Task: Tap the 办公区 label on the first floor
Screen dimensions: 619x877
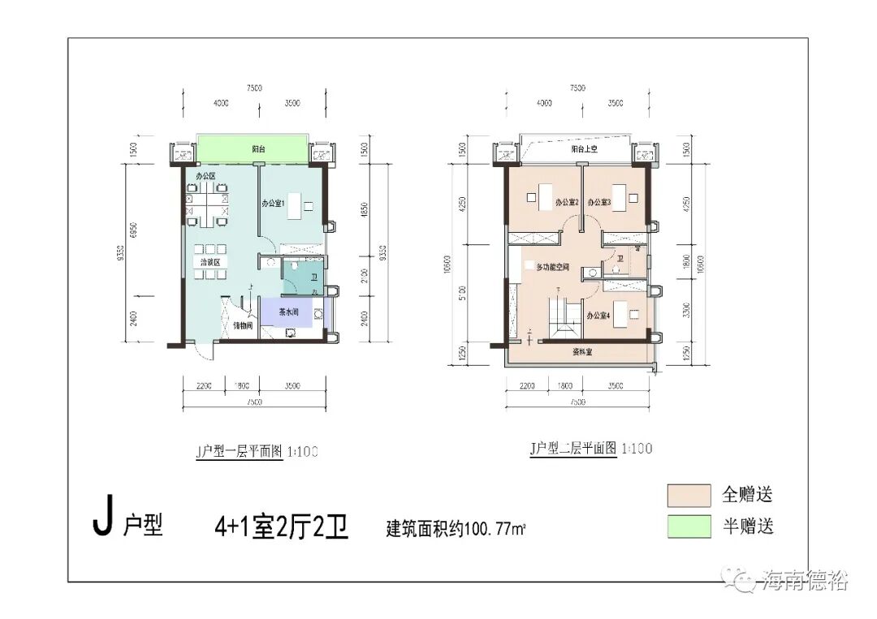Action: [x=205, y=176]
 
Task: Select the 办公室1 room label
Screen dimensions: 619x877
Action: [x=272, y=204]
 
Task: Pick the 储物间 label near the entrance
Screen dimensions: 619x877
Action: [x=244, y=325]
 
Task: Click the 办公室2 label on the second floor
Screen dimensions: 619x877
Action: [x=566, y=203]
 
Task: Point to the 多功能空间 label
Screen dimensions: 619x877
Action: [x=551, y=267]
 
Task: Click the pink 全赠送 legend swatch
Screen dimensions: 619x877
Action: [x=689, y=495]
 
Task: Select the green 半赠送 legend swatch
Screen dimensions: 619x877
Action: [x=689, y=527]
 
